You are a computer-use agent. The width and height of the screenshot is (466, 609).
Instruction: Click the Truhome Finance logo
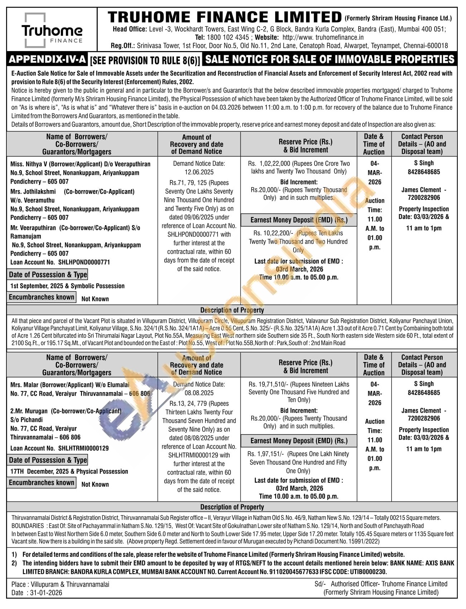[52, 31]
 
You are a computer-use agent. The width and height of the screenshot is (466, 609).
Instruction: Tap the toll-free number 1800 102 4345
[228, 37]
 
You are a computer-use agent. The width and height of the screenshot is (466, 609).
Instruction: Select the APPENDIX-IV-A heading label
[48, 59]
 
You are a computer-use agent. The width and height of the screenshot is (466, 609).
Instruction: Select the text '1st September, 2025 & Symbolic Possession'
[67, 286]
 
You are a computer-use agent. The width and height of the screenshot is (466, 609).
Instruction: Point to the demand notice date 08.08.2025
[199, 393]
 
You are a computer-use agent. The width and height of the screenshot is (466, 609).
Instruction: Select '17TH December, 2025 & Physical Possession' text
[69, 471]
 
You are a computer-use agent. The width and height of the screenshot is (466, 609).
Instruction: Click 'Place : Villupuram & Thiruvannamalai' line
[60, 584]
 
